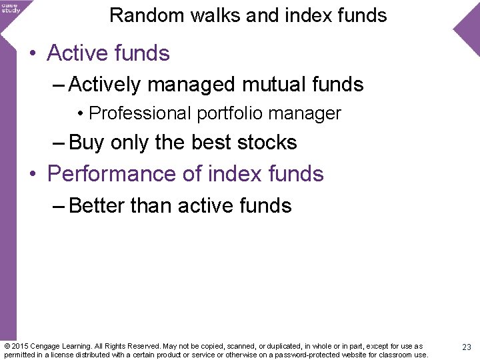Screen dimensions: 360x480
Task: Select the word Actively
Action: pos(105,85)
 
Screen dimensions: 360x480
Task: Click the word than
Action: pos(152,205)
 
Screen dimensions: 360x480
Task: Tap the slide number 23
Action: pos(466,347)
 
